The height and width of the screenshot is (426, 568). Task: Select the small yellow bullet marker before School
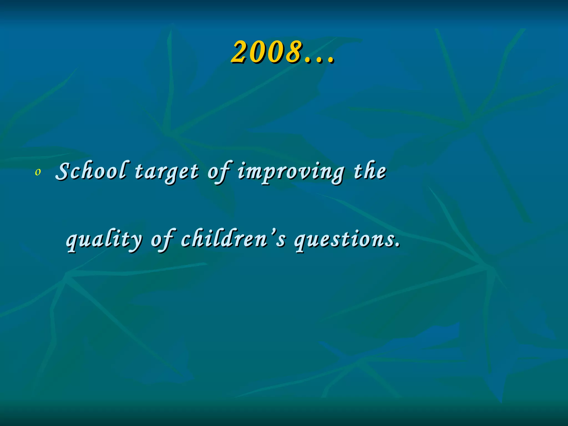point(38,173)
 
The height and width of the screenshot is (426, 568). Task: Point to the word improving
point(291,173)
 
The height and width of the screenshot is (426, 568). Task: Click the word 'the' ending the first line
point(370,171)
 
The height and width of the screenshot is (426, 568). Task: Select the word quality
point(104,240)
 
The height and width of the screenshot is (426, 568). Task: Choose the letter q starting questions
point(301,242)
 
